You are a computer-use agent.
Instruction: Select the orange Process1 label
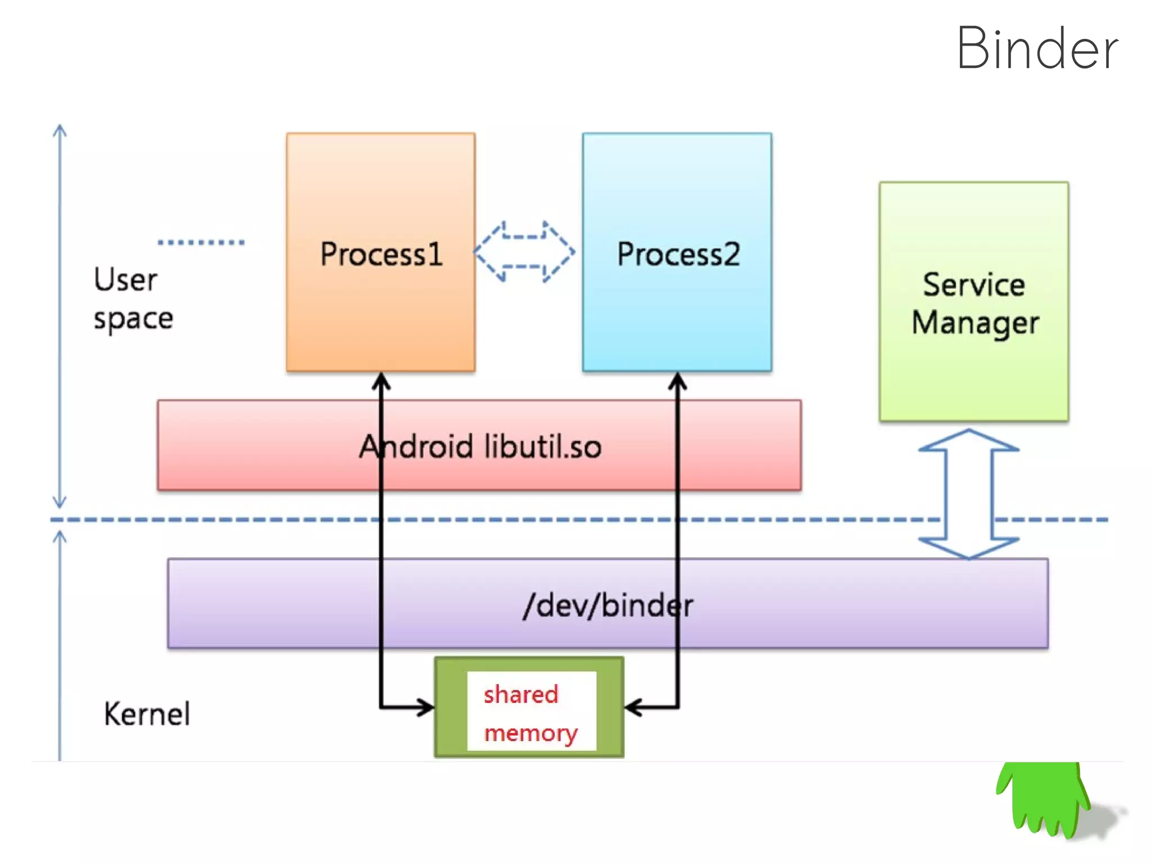pyautogui.click(x=382, y=254)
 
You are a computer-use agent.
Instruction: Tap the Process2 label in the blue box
pyautogui.click(x=678, y=254)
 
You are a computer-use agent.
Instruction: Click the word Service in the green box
pyautogui.click(x=974, y=284)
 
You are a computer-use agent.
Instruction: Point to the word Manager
pyautogui.click(x=975, y=323)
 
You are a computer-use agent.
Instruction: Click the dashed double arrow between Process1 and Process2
pyautogui.click(x=524, y=251)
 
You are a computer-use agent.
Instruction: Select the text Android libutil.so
pyautogui.click(x=481, y=446)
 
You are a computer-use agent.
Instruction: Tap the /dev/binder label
pyautogui.click(x=608, y=606)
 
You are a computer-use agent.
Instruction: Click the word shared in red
pyautogui.click(x=521, y=694)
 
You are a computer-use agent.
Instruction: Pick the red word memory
pyautogui.click(x=531, y=734)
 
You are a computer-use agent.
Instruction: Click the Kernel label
pyautogui.click(x=147, y=714)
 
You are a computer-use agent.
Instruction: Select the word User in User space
pyautogui.click(x=125, y=279)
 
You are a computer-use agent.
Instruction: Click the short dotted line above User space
pyautogui.click(x=201, y=242)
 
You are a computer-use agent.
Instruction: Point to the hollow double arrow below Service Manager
pyautogui.click(x=969, y=494)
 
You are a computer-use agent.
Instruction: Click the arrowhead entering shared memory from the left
pyautogui.click(x=425, y=707)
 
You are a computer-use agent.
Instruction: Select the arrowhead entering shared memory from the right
pyautogui.click(x=634, y=707)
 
